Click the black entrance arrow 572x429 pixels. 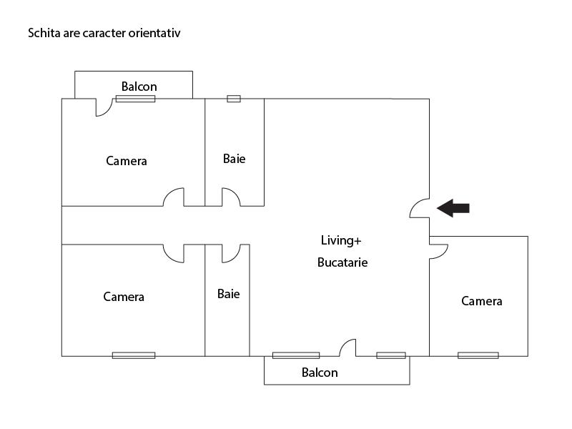click(453, 208)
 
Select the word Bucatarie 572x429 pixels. click(342, 262)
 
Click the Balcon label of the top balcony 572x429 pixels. click(139, 87)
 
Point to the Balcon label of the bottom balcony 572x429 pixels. click(320, 373)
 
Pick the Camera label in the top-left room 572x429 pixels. click(127, 161)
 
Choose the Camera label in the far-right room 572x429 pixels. click(482, 301)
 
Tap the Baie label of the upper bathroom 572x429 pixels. click(234, 159)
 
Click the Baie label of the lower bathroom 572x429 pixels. click(229, 294)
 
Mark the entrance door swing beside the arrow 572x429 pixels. click(420, 208)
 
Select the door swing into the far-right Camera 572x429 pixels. click(438, 250)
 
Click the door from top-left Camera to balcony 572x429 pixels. click(104, 107)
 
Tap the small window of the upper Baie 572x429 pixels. click(234, 99)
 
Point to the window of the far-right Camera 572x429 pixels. click(478, 355)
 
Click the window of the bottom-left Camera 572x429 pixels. click(134, 355)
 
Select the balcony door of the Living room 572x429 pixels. click(347, 348)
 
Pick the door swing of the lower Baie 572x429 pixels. click(230, 253)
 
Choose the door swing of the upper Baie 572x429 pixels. click(230, 197)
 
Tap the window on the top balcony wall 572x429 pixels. click(136, 99)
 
